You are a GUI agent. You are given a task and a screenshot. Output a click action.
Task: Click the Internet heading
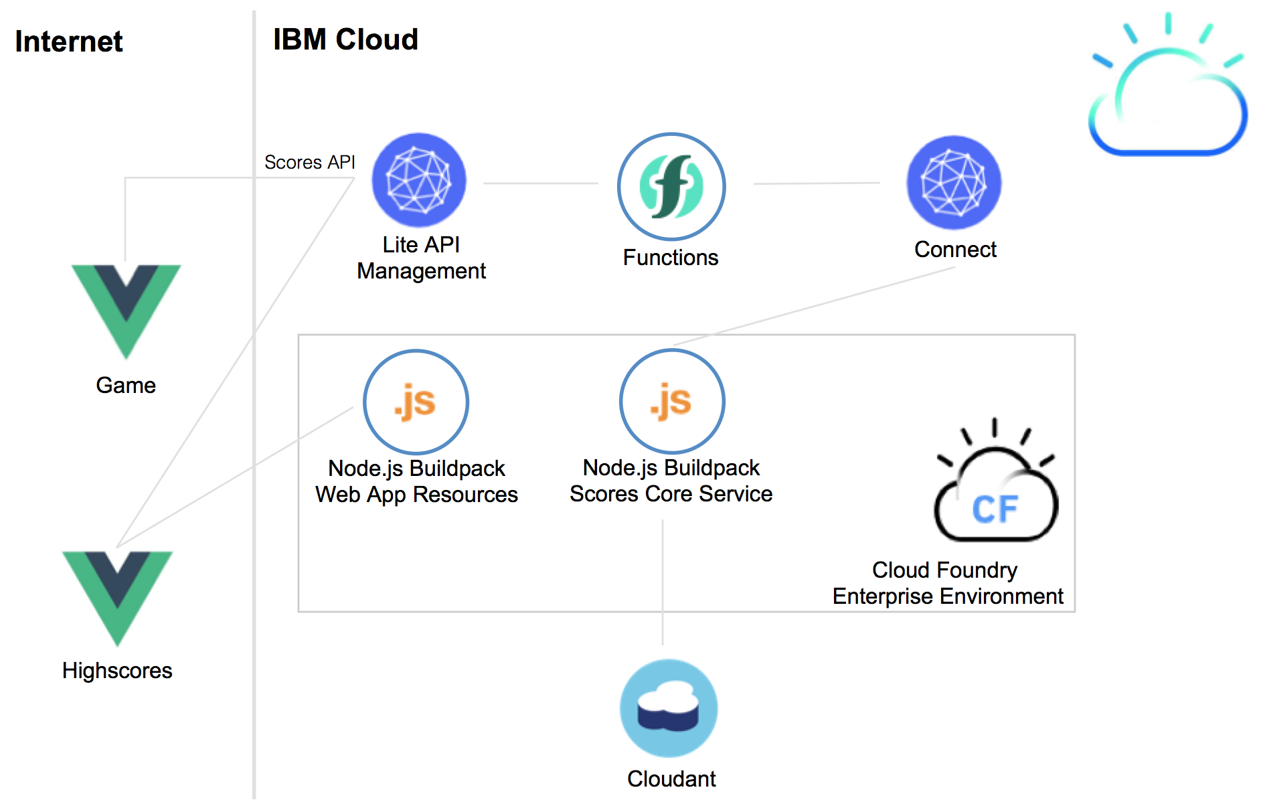click(x=69, y=42)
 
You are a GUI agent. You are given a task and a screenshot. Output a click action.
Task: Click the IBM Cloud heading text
click(x=345, y=39)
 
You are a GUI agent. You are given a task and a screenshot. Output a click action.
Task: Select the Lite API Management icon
click(x=419, y=180)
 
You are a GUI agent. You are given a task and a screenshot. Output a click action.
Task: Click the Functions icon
click(x=671, y=186)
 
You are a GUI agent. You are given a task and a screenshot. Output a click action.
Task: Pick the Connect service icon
click(x=954, y=183)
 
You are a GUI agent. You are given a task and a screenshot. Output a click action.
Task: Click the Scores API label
click(x=309, y=162)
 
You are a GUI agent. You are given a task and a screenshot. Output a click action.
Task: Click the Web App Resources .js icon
click(x=416, y=402)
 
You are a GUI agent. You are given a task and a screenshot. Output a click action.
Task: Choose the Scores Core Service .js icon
click(x=672, y=401)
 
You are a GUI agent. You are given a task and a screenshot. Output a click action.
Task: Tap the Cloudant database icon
click(x=669, y=708)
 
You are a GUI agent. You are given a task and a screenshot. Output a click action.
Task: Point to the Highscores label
click(x=117, y=671)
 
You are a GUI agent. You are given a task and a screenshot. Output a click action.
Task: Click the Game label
click(x=126, y=386)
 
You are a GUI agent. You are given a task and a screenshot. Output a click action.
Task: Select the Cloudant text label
click(x=671, y=779)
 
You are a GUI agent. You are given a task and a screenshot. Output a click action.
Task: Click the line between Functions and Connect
click(x=817, y=183)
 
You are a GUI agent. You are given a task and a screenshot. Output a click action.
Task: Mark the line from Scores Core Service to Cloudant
click(x=663, y=582)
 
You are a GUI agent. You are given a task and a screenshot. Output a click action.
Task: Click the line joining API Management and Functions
click(x=540, y=183)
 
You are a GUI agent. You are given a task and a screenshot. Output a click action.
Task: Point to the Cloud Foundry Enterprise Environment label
click(x=948, y=583)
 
